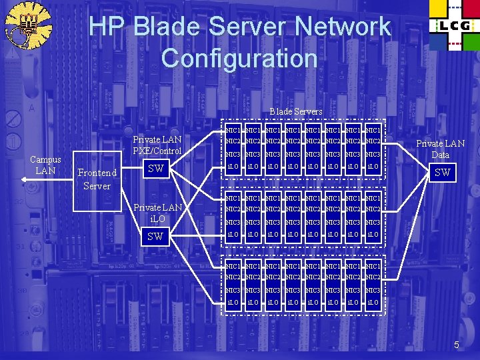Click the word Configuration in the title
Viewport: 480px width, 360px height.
tap(239, 58)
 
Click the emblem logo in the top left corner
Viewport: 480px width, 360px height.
tap(27, 27)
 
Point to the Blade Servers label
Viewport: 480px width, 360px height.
tap(295, 111)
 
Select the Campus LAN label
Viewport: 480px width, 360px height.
tap(45, 165)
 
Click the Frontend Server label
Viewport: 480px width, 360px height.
tap(97, 179)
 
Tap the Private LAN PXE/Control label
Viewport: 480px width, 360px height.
tap(157, 145)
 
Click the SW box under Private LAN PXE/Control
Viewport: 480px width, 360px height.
tap(156, 169)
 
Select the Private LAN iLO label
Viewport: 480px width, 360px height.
tap(157, 213)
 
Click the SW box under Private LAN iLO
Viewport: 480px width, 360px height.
tap(156, 237)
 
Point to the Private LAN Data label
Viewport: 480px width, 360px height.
tap(441, 149)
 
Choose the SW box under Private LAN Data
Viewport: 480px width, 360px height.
tap(442, 173)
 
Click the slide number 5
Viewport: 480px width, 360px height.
tap(457, 345)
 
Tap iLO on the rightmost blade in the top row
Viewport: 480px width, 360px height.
tap(373, 167)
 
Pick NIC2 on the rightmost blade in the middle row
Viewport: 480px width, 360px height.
tap(373, 209)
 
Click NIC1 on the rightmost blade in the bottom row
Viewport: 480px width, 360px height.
tap(373, 266)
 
